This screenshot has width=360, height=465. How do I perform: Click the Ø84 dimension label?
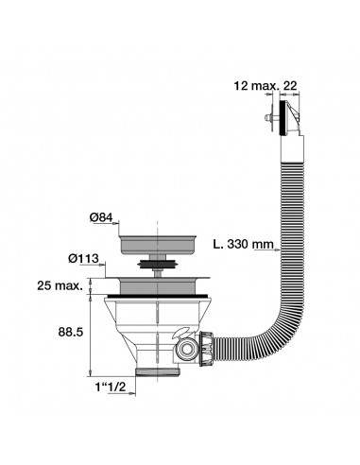[101, 217]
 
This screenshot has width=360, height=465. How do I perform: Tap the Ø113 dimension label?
[83, 259]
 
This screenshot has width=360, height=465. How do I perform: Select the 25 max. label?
[60, 285]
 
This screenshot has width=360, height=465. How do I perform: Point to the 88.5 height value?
[71, 332]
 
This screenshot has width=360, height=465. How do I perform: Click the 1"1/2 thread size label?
[110, 387]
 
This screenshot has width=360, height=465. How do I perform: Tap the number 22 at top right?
[290, 85]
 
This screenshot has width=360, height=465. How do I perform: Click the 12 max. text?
[256, 85]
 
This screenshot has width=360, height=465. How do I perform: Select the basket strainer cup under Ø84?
[158, 244]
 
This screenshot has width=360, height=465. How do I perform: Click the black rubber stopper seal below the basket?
[157, 264]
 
